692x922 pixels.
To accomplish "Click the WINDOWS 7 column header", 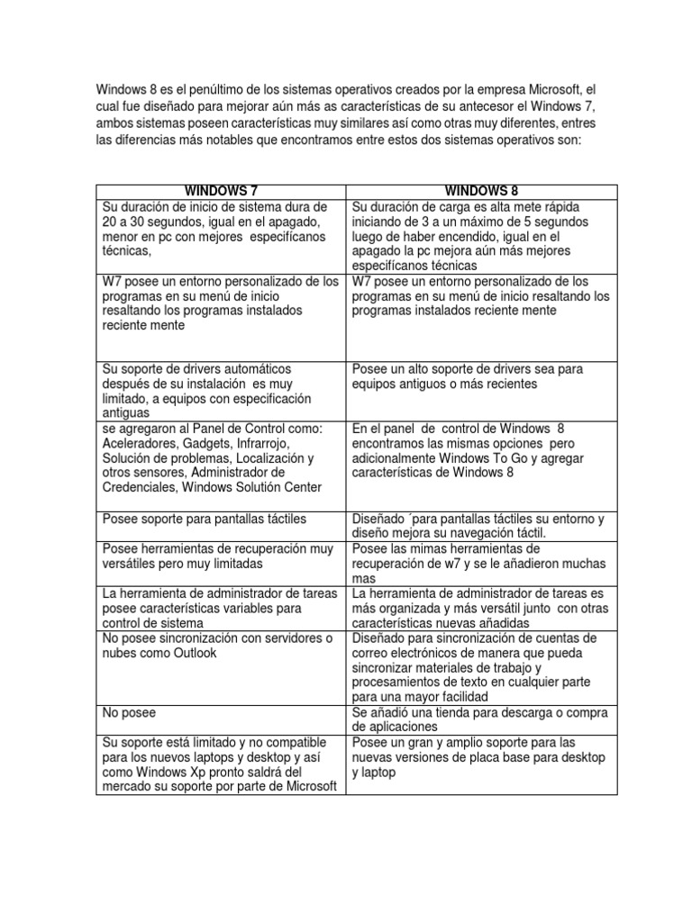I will (221, 191).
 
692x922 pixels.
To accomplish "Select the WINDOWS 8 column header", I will (482, 191).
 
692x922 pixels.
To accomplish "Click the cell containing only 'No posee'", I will (129, 712).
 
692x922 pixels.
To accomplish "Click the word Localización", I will (261, 458).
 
